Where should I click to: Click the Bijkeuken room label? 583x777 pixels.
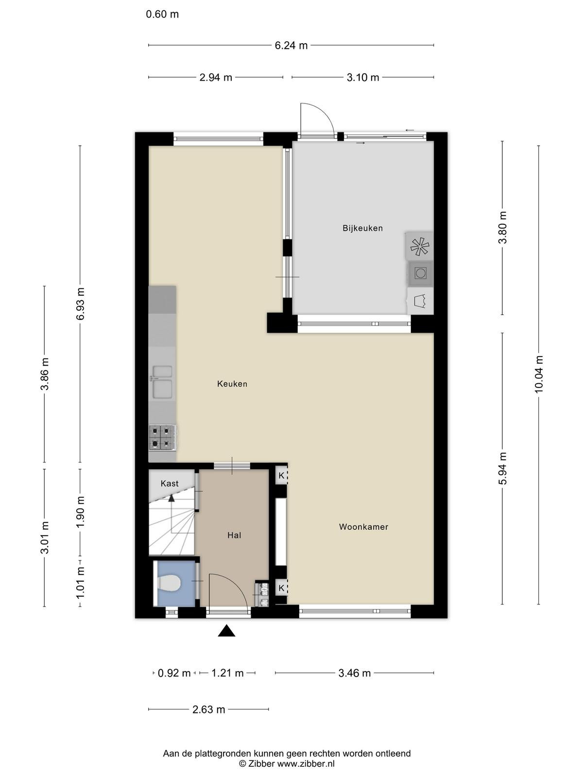coord(362,228)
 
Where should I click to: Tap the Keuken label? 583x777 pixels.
coord(232,384)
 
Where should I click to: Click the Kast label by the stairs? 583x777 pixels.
coord(170,484)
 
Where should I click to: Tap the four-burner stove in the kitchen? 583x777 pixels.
coord(162,438)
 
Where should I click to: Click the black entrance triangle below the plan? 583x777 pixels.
coord(226,631)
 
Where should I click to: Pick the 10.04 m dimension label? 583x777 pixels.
coord(539,374)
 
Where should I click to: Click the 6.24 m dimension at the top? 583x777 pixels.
coord(291,46)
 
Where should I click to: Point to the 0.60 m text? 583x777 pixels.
coord(162,15)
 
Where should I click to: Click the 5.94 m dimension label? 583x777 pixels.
coord(503,468)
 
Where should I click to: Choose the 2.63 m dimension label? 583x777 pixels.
coord(209,709)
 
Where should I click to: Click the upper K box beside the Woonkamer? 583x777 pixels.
coord(281,475)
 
